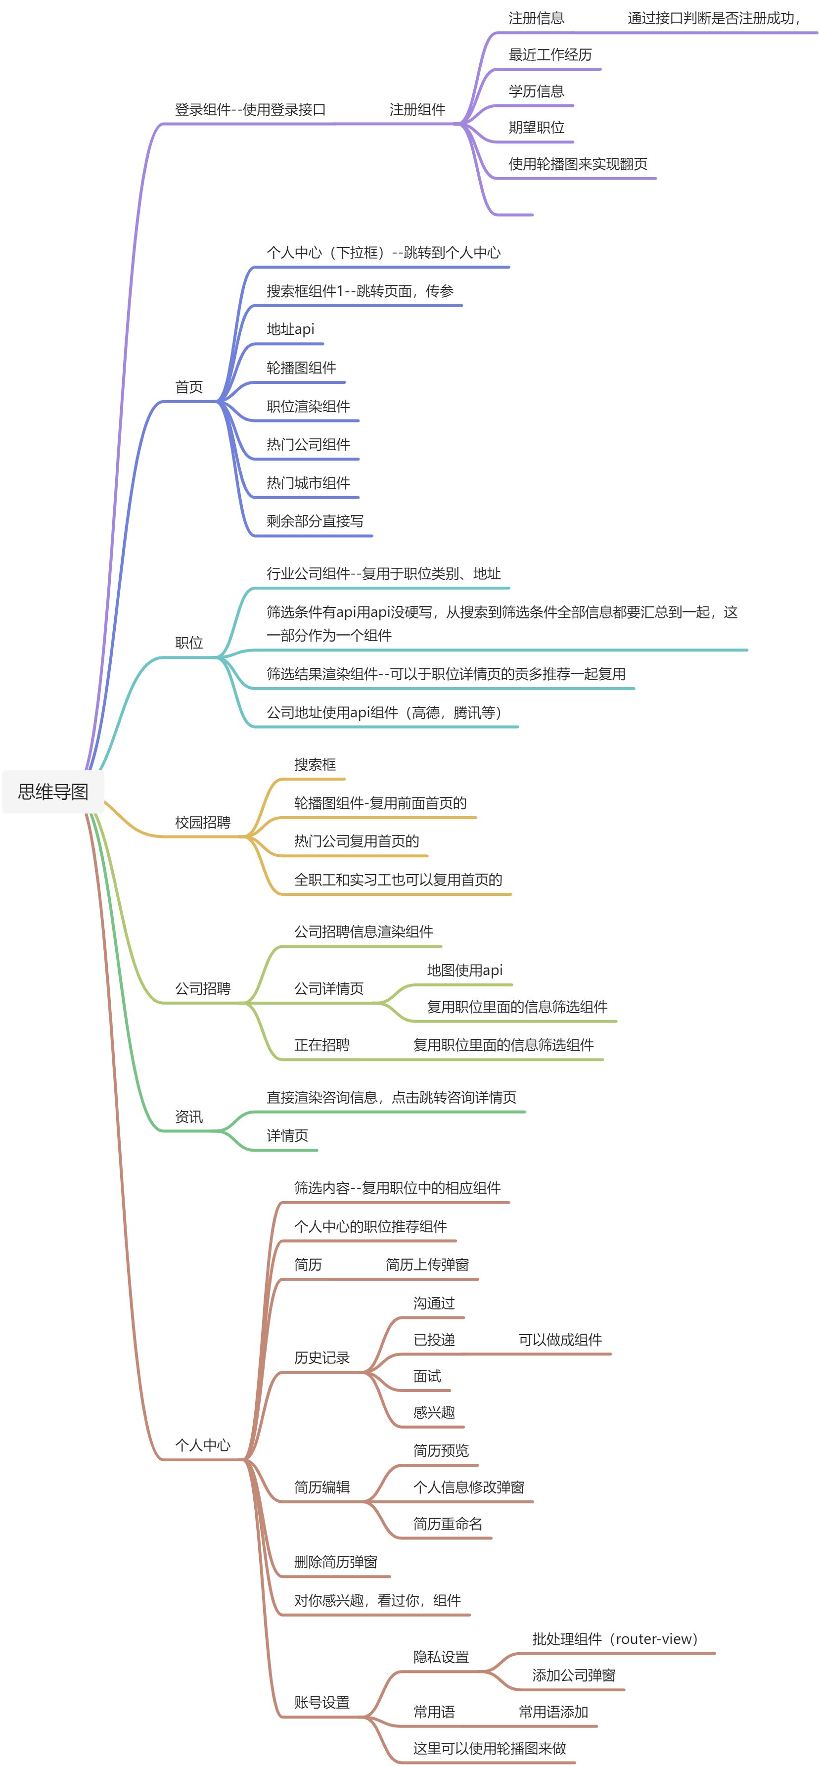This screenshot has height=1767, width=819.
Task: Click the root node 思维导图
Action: (53, 791)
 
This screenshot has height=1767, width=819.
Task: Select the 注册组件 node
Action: (417, 110)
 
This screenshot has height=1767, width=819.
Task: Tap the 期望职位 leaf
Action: (537, 128)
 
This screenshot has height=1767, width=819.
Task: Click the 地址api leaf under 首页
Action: (290, 329)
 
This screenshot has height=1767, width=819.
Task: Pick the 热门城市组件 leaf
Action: (308, 483)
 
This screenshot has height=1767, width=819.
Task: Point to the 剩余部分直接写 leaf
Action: (315, 521)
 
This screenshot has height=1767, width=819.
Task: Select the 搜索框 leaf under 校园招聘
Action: (315, 765)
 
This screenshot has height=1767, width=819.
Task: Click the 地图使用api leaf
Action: (464, 970)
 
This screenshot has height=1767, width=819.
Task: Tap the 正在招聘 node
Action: (321, 1045)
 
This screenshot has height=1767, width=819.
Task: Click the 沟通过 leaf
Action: (434, 1303)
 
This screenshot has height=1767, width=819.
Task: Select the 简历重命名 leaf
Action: (447, 1524)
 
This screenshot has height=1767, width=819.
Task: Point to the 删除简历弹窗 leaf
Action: (335, 1562)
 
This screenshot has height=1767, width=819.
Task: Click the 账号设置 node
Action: (321, 1703)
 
